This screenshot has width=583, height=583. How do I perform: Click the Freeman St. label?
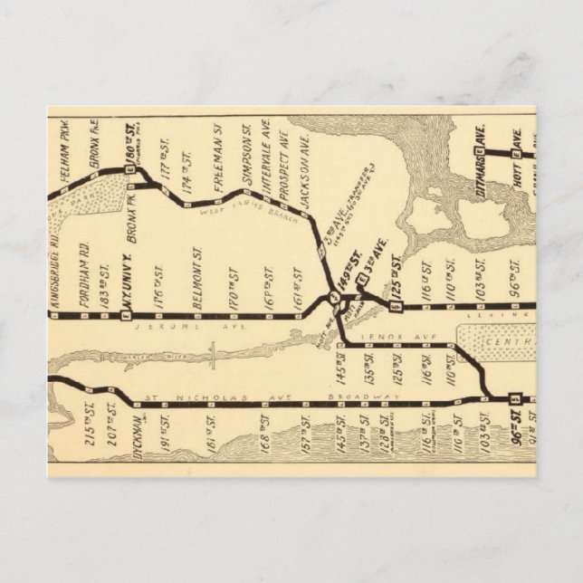(218, 159)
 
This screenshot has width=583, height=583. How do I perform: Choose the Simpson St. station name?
(245, 155)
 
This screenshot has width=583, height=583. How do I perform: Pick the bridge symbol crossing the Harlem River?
(210, 352)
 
